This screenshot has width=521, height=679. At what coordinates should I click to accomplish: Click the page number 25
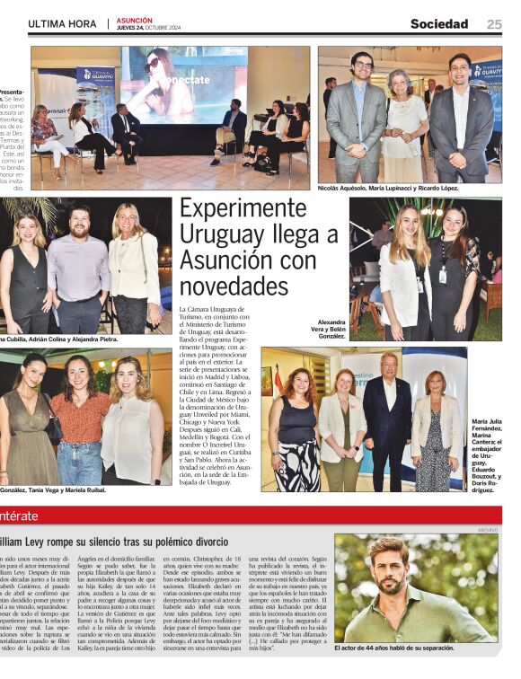[x=494, y=24]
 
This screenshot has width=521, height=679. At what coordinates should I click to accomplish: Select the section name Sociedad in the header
[x=439, y=24]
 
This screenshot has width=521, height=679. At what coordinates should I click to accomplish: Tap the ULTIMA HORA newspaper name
[x=63, y=24]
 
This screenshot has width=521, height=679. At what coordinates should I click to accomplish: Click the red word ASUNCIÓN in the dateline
[x=134, y=20]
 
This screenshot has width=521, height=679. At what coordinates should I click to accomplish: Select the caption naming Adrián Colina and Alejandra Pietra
[x=59, y=339]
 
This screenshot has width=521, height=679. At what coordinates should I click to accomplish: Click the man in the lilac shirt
[x=79, y=274]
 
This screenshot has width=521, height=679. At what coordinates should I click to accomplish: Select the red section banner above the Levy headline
[x=260, y=516]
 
